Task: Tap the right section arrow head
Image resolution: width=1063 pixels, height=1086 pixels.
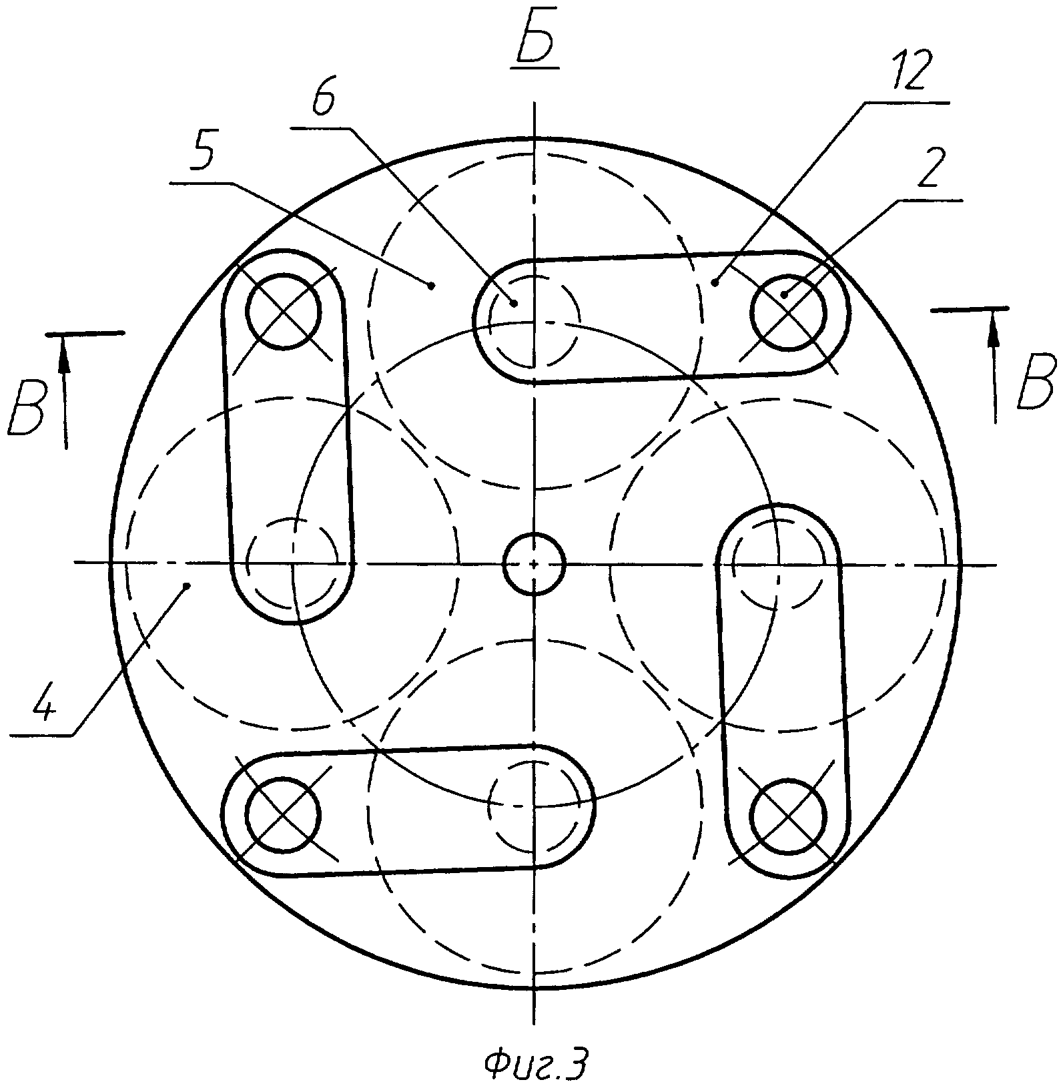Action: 994,330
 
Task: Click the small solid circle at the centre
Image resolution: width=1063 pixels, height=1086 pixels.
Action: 535,564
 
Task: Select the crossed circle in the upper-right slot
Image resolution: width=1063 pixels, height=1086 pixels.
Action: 788,312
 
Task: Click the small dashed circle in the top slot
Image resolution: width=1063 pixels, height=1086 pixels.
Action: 534,321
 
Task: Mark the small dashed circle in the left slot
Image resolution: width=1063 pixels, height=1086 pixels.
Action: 292,564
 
